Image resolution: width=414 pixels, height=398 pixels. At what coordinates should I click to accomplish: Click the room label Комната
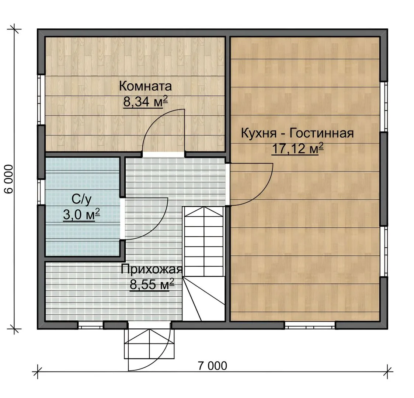pos(146,86)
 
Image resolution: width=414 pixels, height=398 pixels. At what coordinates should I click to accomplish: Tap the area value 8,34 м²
pos(146,101)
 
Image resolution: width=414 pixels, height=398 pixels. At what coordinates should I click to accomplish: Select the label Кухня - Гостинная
pos(297,133)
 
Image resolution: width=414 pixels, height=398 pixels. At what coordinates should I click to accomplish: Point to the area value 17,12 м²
pos(298,149)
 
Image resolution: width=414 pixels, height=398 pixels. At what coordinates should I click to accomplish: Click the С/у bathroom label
pos(81,199)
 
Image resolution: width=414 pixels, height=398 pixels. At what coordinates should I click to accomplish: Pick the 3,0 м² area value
pos(81,214)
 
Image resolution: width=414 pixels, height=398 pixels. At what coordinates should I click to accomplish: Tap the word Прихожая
pos(152,269)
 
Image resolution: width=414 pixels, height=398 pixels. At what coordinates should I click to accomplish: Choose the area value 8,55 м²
pos(152,284)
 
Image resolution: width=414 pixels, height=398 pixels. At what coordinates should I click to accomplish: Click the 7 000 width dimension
pos(213,366)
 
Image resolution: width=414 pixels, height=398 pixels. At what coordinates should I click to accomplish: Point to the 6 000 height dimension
pos(9,179)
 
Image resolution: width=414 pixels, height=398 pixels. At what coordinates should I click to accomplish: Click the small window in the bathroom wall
pos(41,192)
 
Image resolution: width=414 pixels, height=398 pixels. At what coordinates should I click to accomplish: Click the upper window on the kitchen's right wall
pos(384,107)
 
